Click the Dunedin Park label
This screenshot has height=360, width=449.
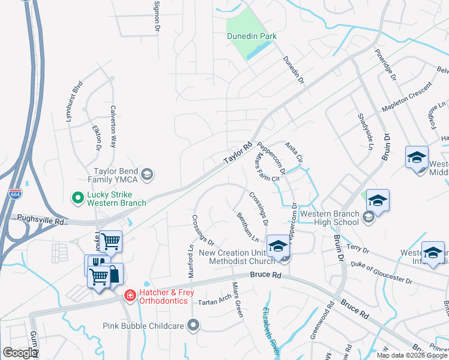[252, 36]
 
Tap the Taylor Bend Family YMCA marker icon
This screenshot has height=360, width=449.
[148, 175]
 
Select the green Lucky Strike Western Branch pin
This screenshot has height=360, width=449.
[77, 197]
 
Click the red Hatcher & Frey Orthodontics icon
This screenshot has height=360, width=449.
[129, 295]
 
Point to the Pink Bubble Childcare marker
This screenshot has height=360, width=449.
[193, 325]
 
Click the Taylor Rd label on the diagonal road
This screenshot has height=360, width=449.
[238, 154]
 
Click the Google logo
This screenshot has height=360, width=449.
[20, 353]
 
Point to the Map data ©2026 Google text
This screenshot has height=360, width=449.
[412, 355]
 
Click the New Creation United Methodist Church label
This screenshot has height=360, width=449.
[237, 257]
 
